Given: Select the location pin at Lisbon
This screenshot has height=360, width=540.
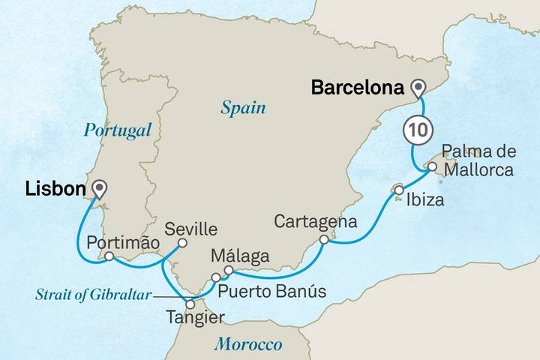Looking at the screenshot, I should click(97, 188).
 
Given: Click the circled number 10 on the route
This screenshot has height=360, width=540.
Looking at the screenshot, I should click(416, 129).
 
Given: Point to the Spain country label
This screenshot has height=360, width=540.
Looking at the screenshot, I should click(244, 108).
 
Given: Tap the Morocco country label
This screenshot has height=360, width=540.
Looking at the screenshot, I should click(247, 345).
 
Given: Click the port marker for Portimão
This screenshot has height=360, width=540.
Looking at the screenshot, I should click(109, 256).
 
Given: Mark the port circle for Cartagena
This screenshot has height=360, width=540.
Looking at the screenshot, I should click(323, 240).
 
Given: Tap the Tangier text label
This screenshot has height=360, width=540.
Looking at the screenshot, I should click(194, 319).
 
